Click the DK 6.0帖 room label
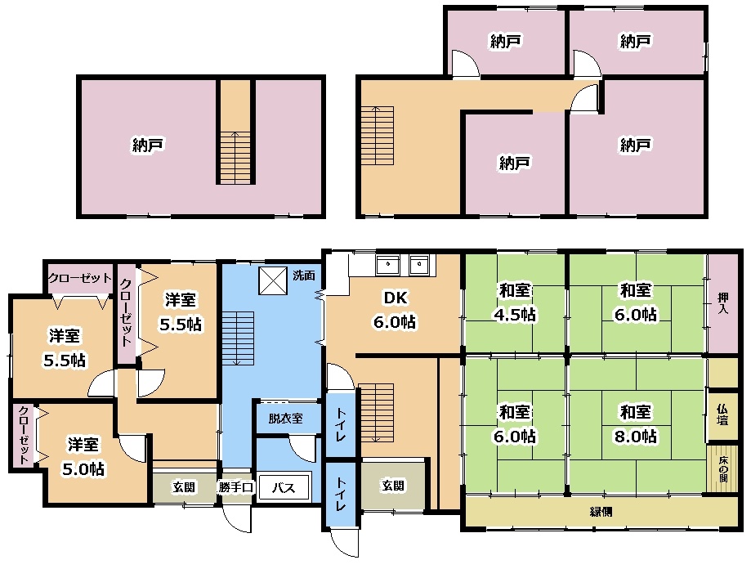(x=395, y=310)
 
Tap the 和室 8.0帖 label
(x=636, y=423)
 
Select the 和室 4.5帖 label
(x=515, y=302)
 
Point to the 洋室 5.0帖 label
(x=83, y=456)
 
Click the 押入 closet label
(x=722, y=303)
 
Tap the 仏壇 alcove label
(x=722, y=414)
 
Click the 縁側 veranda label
(x=601, y=512)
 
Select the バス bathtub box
(x=284, y=487)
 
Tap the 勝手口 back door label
(x=235, y=487)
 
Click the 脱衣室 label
(x=285, y=418)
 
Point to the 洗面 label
(x=304, y=276)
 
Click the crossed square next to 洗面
(x=273, y=280)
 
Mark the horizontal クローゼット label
(x=80, y=278)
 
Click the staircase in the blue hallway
(x=238, y=338)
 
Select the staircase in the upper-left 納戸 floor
(x=235, y=157)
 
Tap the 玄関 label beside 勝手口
(x=184, y=487)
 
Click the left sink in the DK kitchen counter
(x=387, y=264)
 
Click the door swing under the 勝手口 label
(x=237, y=519)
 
